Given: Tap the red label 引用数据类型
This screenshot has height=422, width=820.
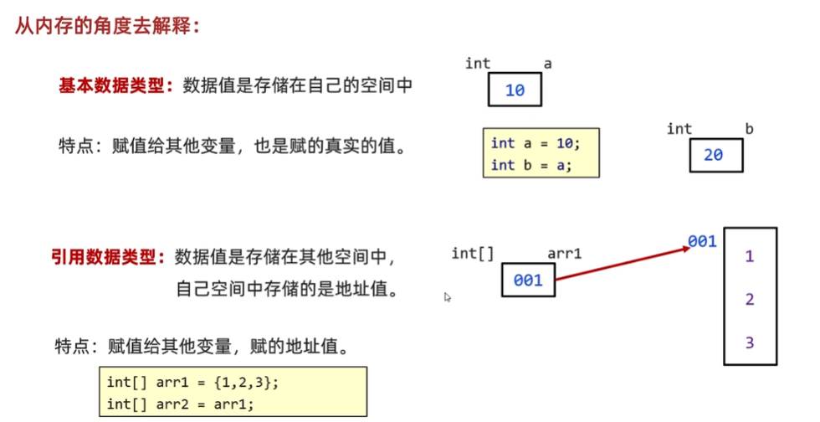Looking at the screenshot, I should point(106,257).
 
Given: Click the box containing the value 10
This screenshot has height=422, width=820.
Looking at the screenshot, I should point(515,90).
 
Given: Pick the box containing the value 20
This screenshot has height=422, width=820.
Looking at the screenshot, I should point(716,155).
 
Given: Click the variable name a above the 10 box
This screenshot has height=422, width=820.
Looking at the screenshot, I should point(548,64).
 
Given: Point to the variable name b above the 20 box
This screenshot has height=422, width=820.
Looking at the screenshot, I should point(749,129).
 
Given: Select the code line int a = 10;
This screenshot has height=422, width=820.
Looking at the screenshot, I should point(536,143).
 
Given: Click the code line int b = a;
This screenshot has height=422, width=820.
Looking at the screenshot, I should point(531,165).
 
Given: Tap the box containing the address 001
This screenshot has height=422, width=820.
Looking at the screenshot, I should point(528,280).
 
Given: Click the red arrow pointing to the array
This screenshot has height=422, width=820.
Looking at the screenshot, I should point(623,261).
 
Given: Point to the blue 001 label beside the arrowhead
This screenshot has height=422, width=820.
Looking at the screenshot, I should point(702,241).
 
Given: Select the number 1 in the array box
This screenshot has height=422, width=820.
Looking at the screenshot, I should point(750,257).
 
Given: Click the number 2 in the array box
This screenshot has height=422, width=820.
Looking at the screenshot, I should point(750,300).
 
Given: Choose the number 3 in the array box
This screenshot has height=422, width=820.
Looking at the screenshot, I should point(750,342).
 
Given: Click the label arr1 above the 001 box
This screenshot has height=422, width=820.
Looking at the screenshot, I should point(565,253).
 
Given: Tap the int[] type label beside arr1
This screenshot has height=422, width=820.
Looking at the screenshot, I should point(473,253).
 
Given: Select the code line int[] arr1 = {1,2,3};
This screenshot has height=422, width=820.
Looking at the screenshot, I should point(192,383).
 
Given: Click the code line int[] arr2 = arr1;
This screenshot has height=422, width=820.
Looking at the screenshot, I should point(180,404).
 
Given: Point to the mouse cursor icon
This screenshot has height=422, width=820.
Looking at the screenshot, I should point(448,296).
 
